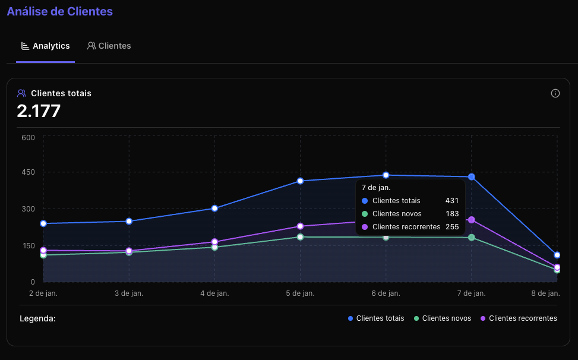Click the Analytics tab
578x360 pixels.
[46, 46]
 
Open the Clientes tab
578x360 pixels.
[109, 46]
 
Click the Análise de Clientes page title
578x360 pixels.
[59, 11]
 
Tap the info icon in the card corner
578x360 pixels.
[555, 93]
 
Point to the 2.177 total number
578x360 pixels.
[39, 110]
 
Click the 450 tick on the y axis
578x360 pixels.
[29, 172]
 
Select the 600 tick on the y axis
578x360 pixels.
[29, 137]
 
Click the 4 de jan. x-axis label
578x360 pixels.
[214, 293]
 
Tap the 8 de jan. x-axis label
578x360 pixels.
[545, 293]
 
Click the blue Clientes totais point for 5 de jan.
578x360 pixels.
[301, 181]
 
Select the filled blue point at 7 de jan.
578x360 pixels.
[472, 177]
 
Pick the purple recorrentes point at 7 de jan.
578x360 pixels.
[472, 220]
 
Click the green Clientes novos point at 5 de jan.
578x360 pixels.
[301, 237]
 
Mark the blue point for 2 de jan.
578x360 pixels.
[43, 223]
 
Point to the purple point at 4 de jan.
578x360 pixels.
[214, 242]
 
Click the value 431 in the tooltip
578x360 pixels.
[451, 201]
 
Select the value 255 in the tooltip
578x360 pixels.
[451, 227]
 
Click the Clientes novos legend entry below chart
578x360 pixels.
[443, 318]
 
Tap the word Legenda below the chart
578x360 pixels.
[37, 318]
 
